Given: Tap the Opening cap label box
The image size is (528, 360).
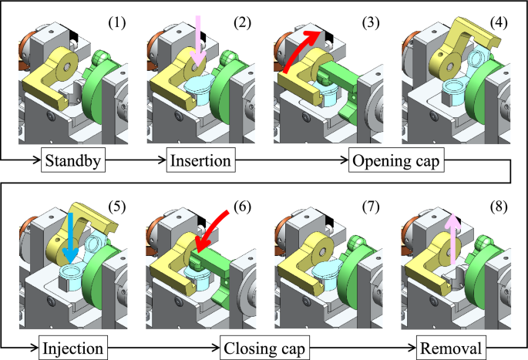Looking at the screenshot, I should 396,163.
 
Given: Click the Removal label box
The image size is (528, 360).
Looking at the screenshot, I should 452,348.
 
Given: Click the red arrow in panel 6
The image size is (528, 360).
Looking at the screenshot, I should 214,229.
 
